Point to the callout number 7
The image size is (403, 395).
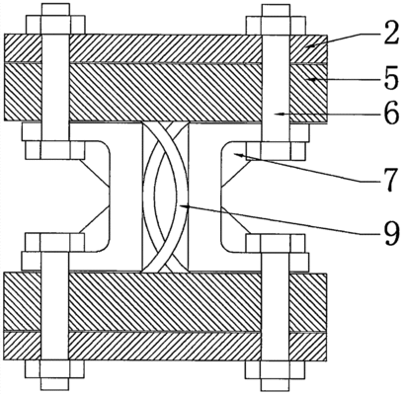click(x=390, y=180)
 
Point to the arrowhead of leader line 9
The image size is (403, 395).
click(x=184, y=206)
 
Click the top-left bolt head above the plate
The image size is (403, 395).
click(x=55, y=19)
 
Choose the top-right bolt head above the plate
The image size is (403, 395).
click(x=276, y=19)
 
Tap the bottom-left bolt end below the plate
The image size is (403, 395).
click(x=54, y=375)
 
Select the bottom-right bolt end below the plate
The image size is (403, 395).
click(x=276, y=375)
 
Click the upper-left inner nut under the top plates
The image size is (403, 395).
click(x=55, y=150)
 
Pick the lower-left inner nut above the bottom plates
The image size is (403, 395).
click(x=54, y=243)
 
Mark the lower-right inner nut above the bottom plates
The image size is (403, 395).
click(x=276, y=243)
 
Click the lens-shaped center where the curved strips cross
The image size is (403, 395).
click(x=166, y=197)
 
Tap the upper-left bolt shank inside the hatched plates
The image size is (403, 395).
click(x=55, y=77)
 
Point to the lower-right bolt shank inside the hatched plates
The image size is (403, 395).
click(x=276, y=316)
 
